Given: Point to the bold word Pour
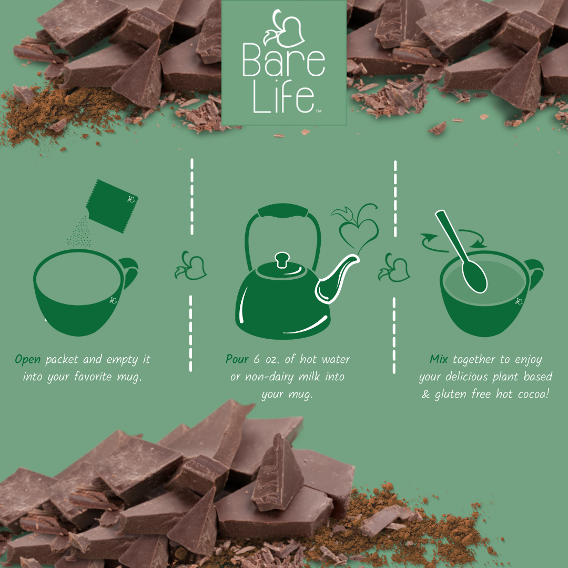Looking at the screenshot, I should pos(237,360).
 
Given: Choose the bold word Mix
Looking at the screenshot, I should pos(440,360).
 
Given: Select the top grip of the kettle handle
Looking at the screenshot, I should pos(283,211).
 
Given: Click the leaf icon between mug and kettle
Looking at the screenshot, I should pos(190,266).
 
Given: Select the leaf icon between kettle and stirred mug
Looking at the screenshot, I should pos(394,267).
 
